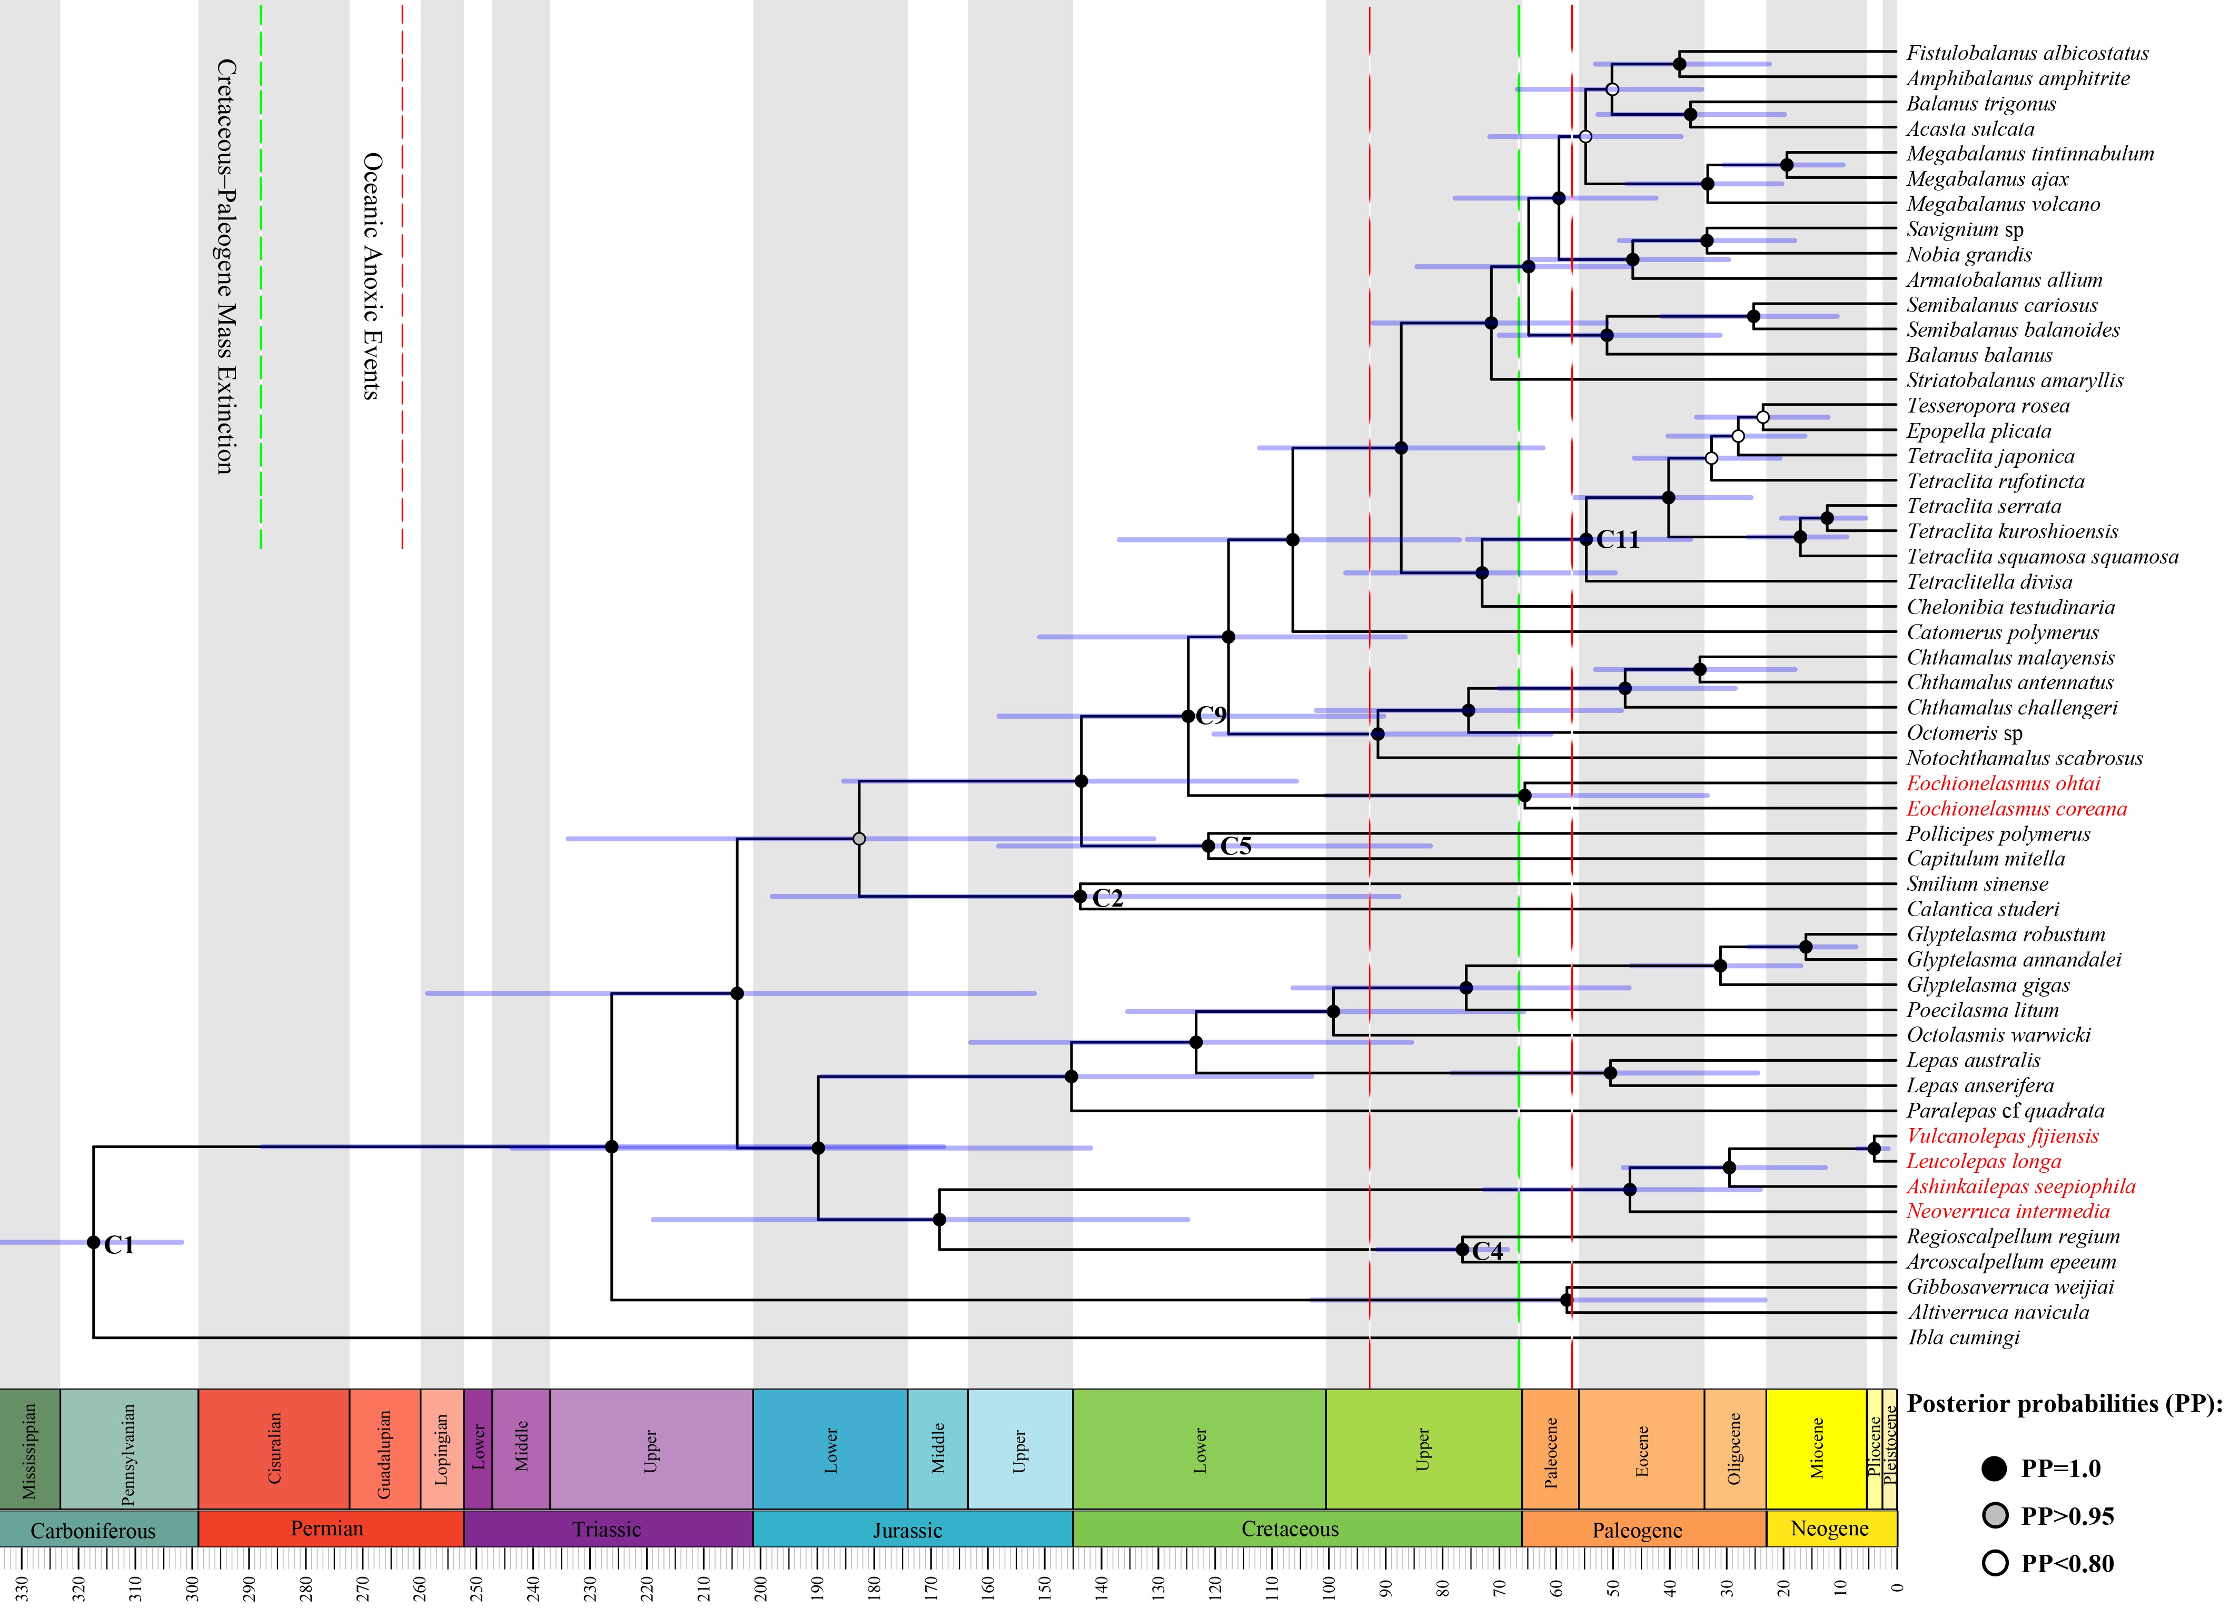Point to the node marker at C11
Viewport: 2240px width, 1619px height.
pyautogui.click(x=1586, y=539)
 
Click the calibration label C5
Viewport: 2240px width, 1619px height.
pyautogui.click(x=1235, y=846)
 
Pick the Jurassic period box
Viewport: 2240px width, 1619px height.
pyautogui.click(x=908, y=1529)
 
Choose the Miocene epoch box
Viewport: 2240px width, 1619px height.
pyautogui.click(x=1816, y=1448)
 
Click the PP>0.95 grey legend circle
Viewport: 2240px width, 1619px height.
pyautogui.click(x=1995, y=1515)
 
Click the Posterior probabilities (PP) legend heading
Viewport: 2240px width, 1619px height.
pyautogui.click(x=2064, y=1404)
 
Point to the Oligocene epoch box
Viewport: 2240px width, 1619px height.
pyautogui.click(x=1734, y=1448)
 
